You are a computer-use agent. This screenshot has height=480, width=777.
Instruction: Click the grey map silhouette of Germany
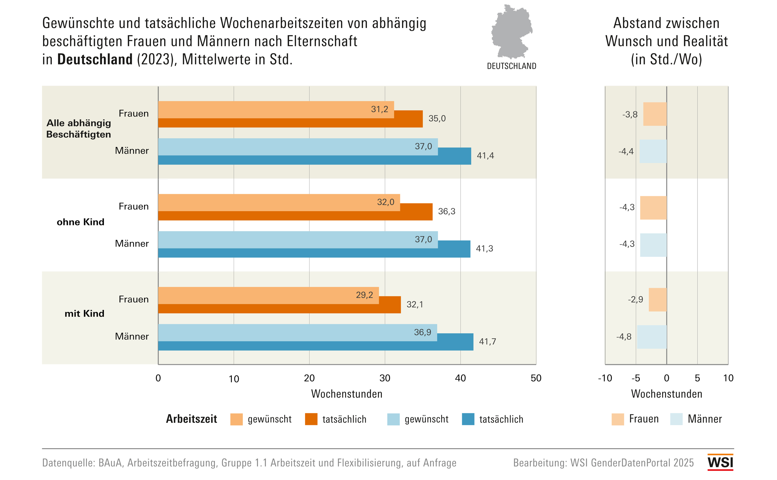coord(511,32)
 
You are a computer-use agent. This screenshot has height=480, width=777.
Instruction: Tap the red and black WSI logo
coord(720,462)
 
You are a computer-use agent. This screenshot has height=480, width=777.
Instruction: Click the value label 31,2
coord(379,109)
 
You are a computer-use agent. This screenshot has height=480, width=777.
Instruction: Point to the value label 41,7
coord(487,342)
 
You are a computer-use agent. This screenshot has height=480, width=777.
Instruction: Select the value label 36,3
coord(447,211)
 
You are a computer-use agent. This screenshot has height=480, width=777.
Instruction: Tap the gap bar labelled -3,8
coord(655,114)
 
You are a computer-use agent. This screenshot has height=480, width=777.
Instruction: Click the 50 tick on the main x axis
coord(536,378)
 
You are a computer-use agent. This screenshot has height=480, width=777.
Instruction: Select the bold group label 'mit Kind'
coord(84,314)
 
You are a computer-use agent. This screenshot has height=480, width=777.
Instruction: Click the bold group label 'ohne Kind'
coord(81,222)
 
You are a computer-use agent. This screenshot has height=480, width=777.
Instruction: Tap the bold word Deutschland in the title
coord(95,59)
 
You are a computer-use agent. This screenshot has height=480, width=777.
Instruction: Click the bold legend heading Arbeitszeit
coord(191,419)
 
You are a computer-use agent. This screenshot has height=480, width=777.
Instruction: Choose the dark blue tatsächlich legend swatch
coord(468,419)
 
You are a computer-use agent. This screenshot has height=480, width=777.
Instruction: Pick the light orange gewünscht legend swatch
coord(236,419)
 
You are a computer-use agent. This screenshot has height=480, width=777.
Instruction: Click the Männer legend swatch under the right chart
coord(676,419)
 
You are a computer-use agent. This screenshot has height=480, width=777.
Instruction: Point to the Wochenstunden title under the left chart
coord(347,394)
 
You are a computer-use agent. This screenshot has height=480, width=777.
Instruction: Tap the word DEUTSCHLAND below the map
coord(512,66)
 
